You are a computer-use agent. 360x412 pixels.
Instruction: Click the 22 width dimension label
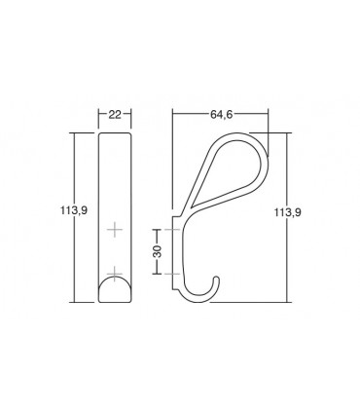[x=115, y=115]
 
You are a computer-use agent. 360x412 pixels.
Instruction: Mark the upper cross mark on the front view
[x=116, y=230]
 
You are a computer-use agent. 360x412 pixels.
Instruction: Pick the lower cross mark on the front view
[x=116, y=271]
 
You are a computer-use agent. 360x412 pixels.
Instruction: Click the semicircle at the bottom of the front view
[x=116, y=289]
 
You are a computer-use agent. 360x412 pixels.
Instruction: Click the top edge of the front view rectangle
[x=116, y=131]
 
